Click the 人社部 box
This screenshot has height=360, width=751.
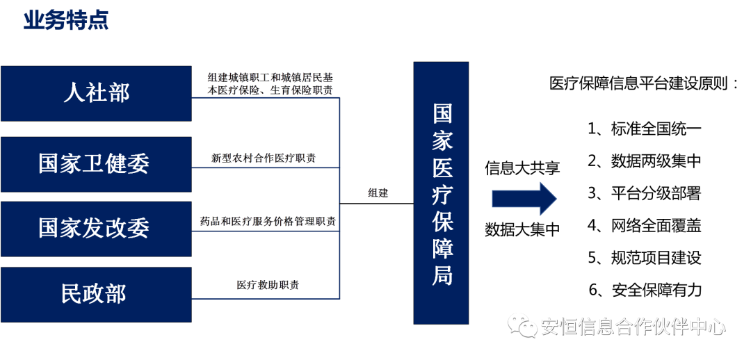pos(96,93)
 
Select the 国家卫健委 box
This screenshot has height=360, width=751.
pos(96,164)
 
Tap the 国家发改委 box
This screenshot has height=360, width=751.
pos(96,229)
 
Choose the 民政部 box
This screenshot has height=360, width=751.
pos(96,294)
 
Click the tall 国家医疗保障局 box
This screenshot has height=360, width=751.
pos(442,193)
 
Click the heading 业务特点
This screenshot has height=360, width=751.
pos(66,21)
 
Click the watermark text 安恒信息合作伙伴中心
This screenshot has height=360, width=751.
pos(633,326)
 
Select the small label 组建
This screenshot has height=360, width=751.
pos(378,193)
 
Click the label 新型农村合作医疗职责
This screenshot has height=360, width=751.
pos(264,158)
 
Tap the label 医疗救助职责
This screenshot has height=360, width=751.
pos(268,285)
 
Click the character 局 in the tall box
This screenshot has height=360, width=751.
pos(442,276)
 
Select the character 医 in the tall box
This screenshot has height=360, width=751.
pos(442,167)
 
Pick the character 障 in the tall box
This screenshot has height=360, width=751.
pos(442,249)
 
